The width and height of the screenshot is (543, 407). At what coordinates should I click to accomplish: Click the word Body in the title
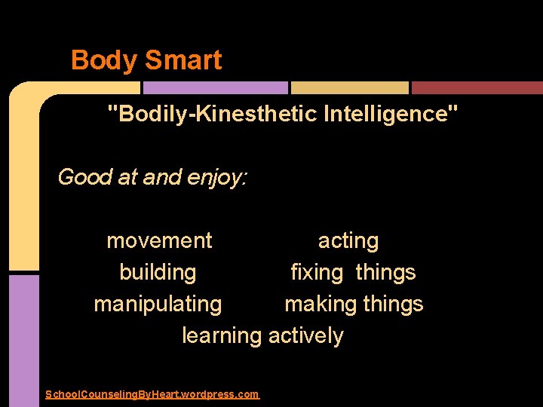101,60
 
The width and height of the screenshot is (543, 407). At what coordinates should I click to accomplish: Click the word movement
159,241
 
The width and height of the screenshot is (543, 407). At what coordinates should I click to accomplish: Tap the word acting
348,241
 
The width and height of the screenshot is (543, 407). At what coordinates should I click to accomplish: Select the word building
158,272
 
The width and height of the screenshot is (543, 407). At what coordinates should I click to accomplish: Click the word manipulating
158,304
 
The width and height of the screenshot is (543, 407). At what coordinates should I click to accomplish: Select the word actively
305,336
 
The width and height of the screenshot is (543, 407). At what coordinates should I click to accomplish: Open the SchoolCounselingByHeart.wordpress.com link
152,394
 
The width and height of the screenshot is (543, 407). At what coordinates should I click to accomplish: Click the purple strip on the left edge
23,339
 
